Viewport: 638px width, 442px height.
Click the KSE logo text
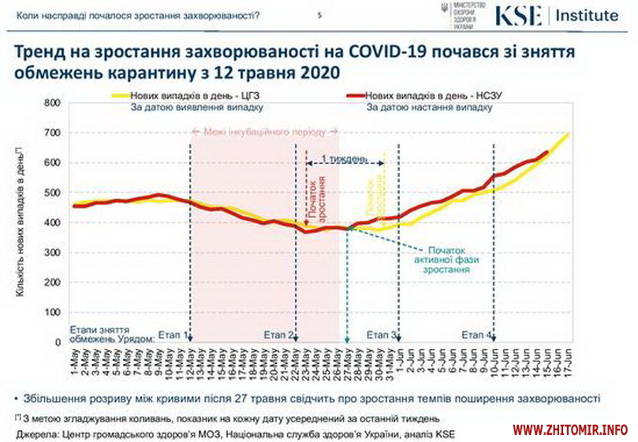[518, 15]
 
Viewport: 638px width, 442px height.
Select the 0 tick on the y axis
[57, 343]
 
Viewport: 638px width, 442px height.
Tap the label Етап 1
[173, 335]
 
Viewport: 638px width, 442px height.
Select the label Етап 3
[382, 335]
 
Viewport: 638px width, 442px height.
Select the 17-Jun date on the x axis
[567, 364]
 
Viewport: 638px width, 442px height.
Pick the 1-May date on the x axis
[76, 364]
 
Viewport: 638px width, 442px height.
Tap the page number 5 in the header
[319, 15]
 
